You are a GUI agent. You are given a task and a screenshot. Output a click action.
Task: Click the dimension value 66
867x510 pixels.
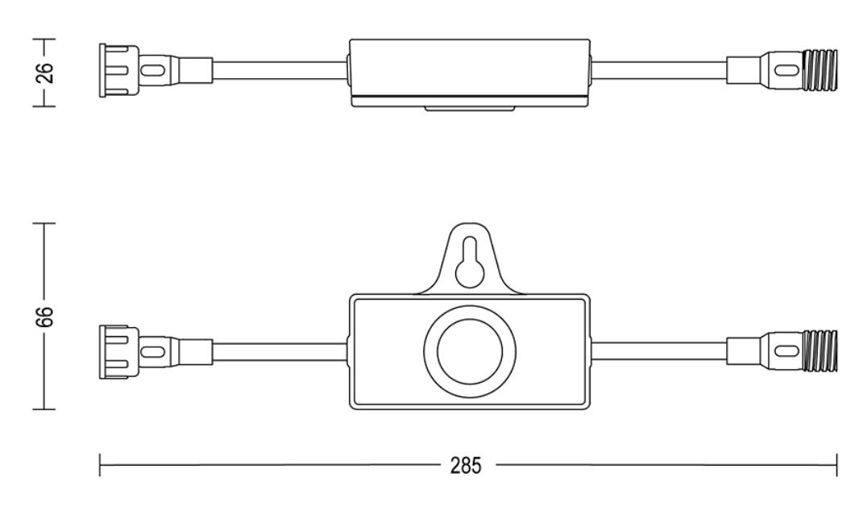45,316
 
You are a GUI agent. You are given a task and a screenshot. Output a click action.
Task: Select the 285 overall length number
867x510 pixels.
466,466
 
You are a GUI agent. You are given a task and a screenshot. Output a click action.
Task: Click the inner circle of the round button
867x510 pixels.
470,351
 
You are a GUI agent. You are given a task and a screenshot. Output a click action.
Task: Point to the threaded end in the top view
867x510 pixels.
819,70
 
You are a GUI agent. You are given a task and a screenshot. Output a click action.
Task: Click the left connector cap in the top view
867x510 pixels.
119,71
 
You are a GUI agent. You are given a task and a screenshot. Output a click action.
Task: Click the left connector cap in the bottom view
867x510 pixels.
119,352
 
